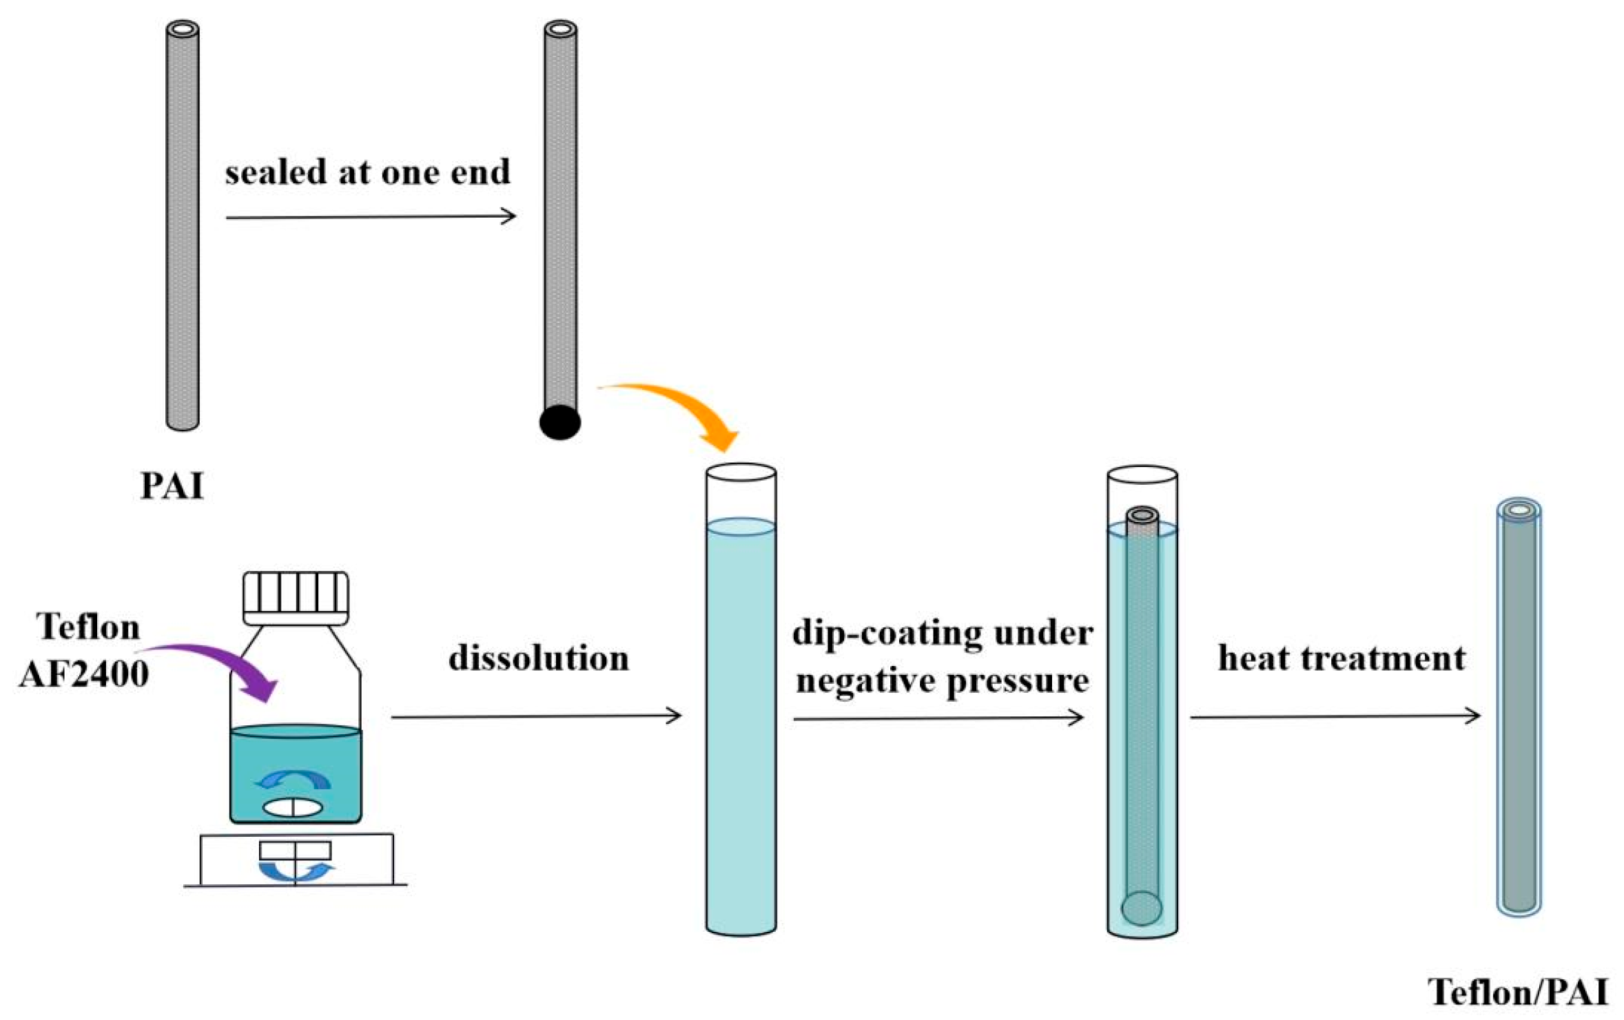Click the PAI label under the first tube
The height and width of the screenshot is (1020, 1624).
pos(172,486)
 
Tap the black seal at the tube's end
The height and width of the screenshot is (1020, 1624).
pos(559,422)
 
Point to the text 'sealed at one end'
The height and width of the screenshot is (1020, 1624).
pos(367,172)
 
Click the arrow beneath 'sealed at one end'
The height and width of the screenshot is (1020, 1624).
pos(371,217)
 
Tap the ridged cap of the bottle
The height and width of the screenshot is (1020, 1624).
pos(296,597)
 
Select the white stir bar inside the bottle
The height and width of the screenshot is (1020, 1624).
pos(293,808)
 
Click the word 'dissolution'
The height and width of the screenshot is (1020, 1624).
pos(539,658)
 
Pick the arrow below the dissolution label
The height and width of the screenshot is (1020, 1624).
pos(536,716)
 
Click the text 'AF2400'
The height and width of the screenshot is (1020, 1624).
pos(84,674)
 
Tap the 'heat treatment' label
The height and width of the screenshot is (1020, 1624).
pos(1342,658)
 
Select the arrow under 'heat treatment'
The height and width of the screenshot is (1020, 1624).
pos(1335,716)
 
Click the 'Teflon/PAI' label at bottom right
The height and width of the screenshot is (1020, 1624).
pos(1519,992)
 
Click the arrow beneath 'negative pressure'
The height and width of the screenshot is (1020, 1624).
pos(938,718)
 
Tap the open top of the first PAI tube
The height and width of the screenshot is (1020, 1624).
pos(183,30)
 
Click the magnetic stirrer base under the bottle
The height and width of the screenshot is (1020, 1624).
pos(296,859)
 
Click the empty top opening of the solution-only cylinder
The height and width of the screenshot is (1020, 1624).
pos(741,472)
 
